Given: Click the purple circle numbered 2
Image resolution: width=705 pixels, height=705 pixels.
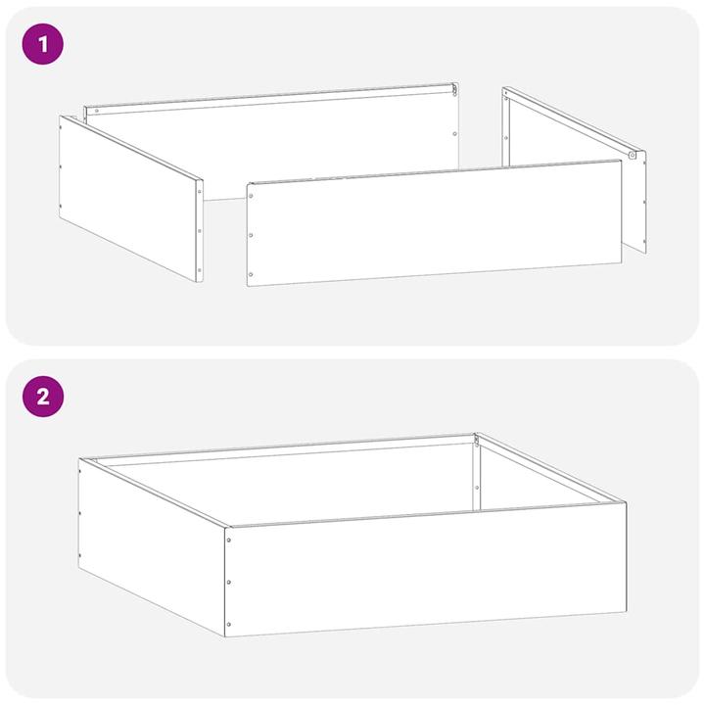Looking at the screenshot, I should (42, 397).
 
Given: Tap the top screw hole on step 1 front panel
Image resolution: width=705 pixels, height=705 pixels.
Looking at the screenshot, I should (251, 195).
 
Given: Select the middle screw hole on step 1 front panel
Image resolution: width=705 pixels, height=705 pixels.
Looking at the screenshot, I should (251, 235).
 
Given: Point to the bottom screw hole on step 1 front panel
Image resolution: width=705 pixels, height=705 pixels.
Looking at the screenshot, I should (251, 274).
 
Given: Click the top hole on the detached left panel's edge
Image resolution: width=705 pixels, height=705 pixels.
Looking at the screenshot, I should (199, 193).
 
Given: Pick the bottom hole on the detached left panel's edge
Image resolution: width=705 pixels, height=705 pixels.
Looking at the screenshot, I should (199, 270).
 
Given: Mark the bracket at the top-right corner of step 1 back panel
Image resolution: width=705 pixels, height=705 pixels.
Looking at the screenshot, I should (455, 91).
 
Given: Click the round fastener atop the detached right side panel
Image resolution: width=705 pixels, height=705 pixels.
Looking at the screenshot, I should (633, 154).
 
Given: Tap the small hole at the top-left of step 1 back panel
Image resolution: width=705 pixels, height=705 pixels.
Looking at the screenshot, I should (95, 111).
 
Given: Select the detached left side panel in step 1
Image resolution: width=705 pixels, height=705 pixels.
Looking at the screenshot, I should (127, 196).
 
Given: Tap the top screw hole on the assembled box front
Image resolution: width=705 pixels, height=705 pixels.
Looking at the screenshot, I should (228, 540).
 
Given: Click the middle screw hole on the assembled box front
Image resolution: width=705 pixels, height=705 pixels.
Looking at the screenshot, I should (228, 582).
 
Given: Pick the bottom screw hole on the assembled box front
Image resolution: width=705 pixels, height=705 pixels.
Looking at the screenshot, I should (228, 624).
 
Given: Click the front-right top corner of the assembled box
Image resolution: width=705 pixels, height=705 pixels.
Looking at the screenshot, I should (624, 504).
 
